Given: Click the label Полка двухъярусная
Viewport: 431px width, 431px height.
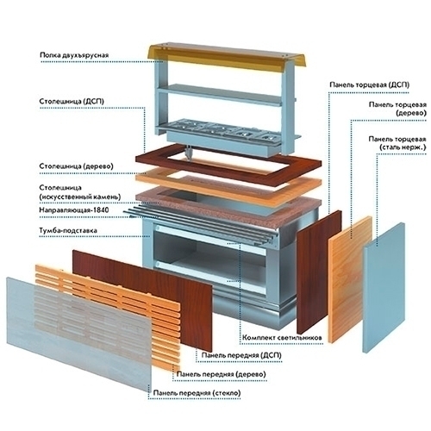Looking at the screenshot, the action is point(74,55).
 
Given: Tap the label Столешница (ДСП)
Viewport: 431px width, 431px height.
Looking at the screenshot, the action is point(72,102).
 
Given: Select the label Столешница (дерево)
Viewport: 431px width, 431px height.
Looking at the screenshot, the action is point(76,166).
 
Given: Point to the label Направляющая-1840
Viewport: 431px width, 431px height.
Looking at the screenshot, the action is point(74,210).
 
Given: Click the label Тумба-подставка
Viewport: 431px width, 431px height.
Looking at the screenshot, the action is point(68,230).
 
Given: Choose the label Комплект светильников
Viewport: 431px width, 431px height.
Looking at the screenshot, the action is point(282,338).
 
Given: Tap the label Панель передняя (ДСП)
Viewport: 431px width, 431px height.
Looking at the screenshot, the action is point(241,355).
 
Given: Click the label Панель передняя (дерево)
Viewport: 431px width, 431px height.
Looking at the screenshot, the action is point(221,374).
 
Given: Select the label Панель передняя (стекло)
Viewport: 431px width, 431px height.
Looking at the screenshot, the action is point(197,393).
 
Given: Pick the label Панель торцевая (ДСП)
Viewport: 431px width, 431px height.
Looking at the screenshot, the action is point(369,85).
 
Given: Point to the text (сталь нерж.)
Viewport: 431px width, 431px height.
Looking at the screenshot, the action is point(403,147).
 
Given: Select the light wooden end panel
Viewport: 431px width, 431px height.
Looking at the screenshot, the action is point(350,279).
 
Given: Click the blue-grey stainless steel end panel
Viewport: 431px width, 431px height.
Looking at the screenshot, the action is point(384,287).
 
